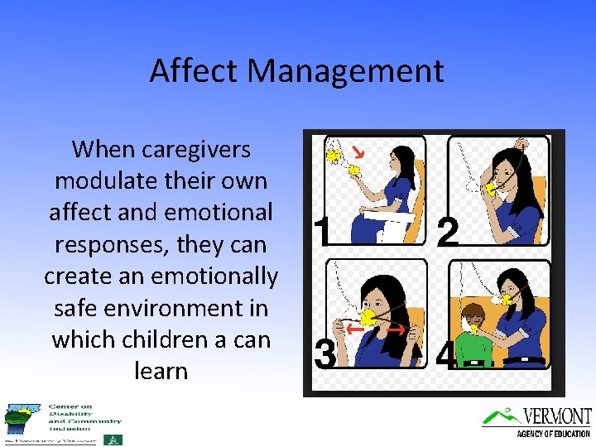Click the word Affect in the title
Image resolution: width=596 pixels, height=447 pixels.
187,71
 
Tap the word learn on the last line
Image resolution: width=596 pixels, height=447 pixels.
161,371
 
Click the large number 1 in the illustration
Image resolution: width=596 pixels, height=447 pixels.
323,232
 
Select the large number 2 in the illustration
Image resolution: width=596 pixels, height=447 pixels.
447,233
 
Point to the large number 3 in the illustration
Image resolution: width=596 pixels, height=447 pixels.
324,354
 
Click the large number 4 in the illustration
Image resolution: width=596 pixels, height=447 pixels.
445,357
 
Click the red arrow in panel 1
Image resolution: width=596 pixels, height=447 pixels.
358,152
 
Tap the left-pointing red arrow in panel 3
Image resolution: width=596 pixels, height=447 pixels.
353,329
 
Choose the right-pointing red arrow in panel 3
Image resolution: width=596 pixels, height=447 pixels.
396,329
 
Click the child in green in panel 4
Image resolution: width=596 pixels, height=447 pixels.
473,331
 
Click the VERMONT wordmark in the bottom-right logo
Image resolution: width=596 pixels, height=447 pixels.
556,416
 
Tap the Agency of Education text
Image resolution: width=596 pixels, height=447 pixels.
552,434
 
